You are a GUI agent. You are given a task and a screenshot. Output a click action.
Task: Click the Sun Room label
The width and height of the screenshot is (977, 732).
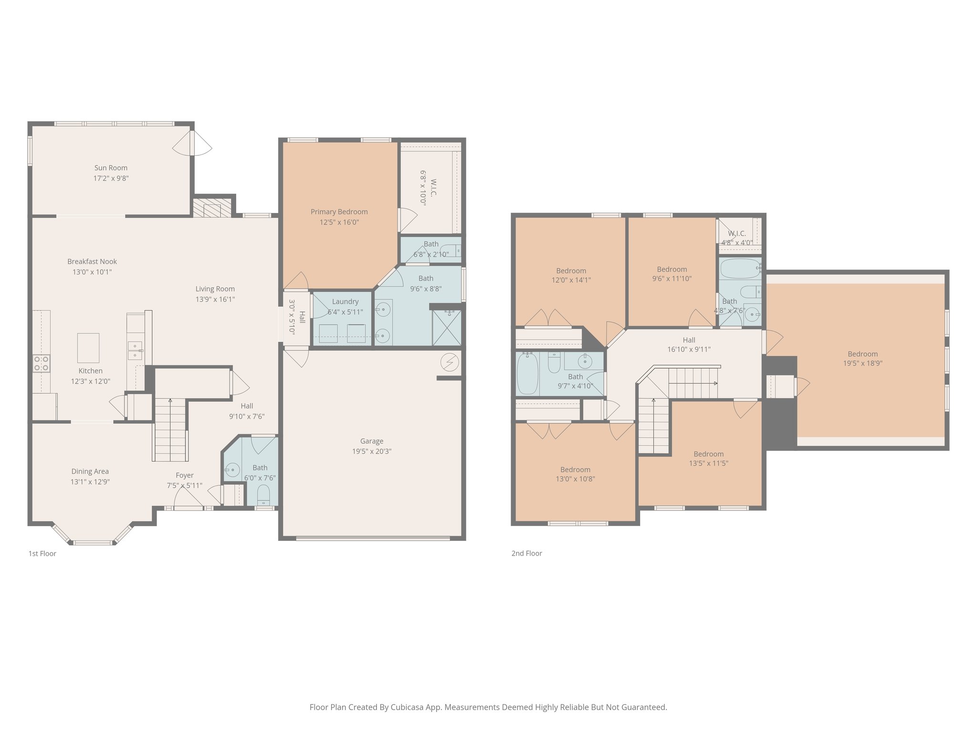point(111,168)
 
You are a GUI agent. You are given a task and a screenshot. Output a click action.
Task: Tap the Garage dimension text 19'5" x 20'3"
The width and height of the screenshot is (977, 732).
point(372,451)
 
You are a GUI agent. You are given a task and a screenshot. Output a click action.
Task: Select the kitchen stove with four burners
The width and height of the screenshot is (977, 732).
point(42,363)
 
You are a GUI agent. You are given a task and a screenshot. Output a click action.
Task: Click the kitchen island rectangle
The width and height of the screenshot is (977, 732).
point(88,348)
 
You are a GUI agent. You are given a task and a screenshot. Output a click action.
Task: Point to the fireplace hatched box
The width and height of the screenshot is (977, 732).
point(212,207)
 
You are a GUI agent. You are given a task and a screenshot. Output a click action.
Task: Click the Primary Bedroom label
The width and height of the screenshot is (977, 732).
point(339,212)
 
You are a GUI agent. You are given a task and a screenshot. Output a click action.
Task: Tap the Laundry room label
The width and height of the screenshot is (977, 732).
point(345,302)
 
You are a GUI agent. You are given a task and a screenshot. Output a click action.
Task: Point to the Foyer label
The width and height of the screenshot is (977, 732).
point(185,475)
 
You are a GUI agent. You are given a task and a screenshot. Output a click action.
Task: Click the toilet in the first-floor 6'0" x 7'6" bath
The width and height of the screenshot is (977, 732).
point(263,494)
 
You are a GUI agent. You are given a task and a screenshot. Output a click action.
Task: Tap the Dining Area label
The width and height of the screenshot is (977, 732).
point(90,471)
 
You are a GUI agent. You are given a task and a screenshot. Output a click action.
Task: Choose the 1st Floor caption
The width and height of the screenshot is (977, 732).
point(42,553)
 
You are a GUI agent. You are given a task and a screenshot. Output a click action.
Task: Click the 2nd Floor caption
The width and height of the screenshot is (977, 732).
point(527,553)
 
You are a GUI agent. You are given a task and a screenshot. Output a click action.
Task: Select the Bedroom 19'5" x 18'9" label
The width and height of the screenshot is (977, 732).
point(863,354)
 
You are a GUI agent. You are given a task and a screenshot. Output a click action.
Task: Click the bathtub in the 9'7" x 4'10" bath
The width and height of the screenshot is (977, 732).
point(527,373)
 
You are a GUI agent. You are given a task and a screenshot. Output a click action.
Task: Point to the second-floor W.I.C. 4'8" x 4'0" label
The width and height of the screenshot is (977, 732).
point(737,234)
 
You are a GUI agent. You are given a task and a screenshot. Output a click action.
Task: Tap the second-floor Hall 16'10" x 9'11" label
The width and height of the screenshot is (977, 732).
point(689,340)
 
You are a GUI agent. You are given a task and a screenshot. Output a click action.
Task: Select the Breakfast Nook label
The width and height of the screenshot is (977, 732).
point(92,262)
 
